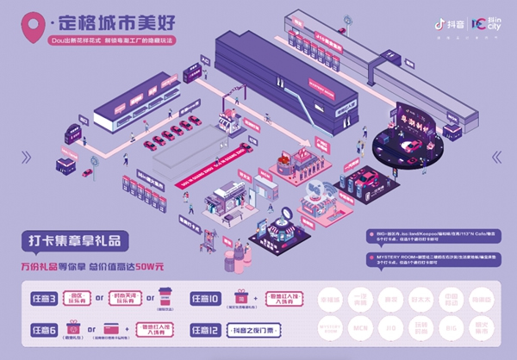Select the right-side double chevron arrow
click(496, 156)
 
